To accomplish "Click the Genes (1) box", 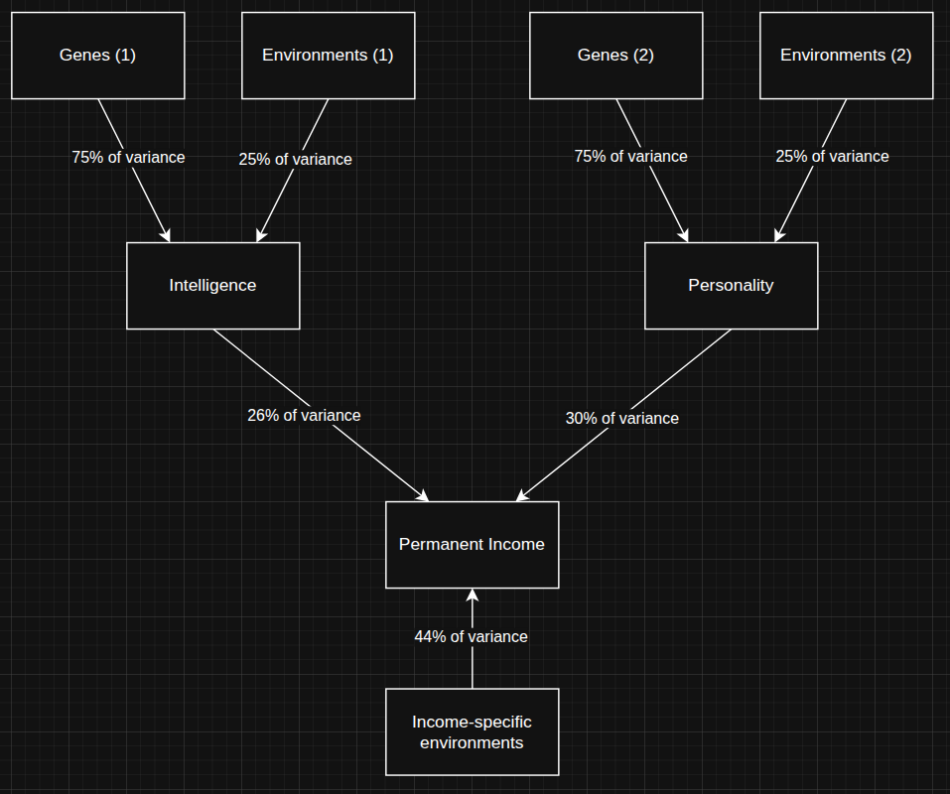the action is (x=98, y=56).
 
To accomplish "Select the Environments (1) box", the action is (x=329, y=56).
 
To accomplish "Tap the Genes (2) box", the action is (x=616, y=56).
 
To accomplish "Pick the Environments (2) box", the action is (x=847, y=56).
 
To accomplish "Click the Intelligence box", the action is (x=213, y=286).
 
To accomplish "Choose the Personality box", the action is (x=732, y=286).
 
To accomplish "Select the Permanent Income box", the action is (x=472, y=545).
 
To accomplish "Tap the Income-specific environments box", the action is (x=472, y=731).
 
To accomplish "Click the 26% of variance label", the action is (x=304, y=416).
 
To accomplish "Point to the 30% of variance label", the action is (x=622, y=419).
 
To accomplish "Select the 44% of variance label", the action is (x=472, y=637).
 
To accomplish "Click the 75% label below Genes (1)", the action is (x=128, y=158).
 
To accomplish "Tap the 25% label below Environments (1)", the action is (x=296, y=159).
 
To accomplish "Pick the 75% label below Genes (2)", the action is (x=631, y=156).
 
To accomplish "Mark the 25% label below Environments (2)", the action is (x=833, y=156).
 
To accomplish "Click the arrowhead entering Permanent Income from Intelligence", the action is (x=422, y=495).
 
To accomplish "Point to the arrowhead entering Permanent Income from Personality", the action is (x=522, y=495).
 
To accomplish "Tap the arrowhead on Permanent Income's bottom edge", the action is (x=472, y=595).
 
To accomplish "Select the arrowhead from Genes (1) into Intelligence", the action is (x=165, y=235).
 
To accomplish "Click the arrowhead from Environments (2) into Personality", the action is (x=779, y=235).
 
